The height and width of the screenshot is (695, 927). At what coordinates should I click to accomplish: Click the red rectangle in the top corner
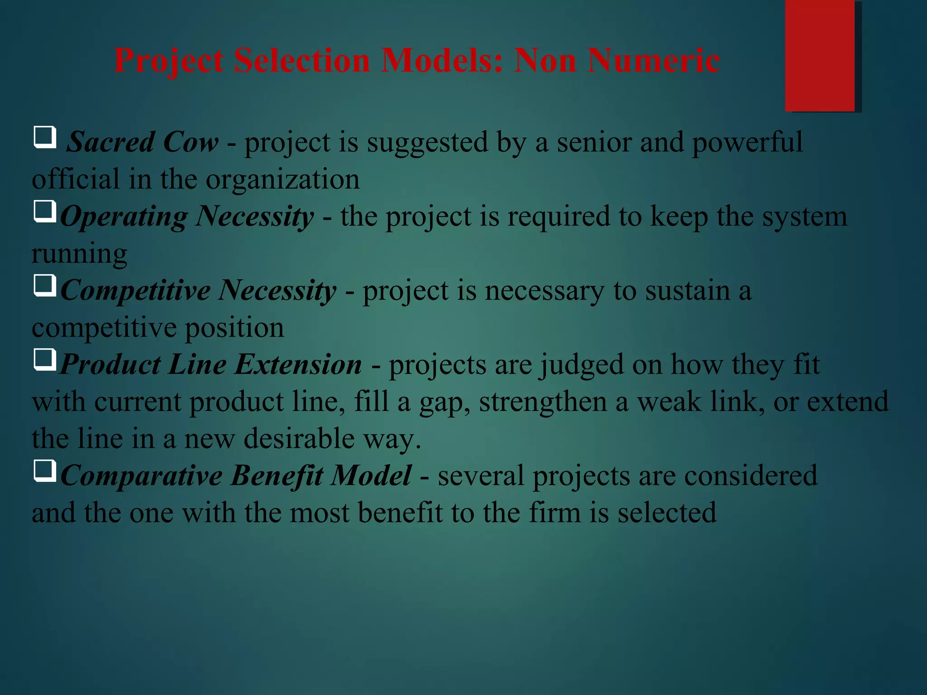[x=820, y=55]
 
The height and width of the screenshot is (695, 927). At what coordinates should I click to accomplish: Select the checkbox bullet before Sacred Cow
[x=45, y=137]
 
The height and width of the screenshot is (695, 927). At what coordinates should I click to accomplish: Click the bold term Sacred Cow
[x=143, y=143]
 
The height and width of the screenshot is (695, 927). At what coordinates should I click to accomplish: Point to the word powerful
[x=747, y=143]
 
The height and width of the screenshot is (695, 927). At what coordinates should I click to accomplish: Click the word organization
[x=283, y=180]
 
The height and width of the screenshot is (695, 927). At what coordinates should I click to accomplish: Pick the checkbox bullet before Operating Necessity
[x=45, y=211]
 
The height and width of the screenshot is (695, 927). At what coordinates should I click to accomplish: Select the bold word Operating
[x=124, y=217]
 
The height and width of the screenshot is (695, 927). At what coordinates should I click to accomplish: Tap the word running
[x=79, y=254]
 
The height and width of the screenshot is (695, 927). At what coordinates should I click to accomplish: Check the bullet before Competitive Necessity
[x=45, y=286]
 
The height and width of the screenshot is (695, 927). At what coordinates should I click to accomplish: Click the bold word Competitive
[x=135, y=291]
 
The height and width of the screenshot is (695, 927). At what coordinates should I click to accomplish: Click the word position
[x=234, y=328]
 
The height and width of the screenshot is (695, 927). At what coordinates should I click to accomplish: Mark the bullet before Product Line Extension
[x=45, y=360]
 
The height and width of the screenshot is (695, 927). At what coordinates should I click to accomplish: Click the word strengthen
[x=543, y=402]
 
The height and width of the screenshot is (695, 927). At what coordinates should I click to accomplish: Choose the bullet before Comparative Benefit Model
[x=45, y=471]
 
